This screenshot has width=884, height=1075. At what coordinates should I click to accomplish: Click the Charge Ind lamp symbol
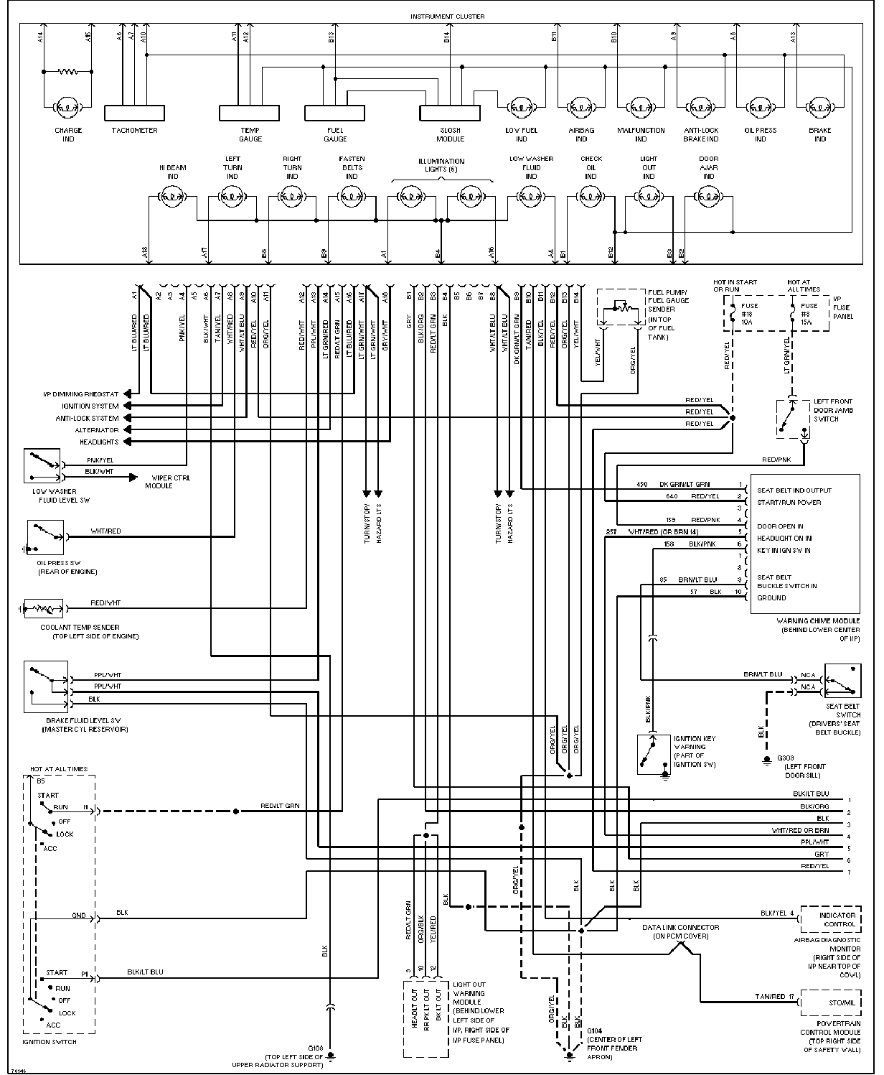[x=67, y=108]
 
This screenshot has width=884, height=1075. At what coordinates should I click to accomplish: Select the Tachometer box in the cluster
[x=134, y=113]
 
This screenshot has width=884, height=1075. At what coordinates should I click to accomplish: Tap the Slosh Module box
[x=450, y=113]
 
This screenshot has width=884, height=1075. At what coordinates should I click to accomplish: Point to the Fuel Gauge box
[x=334, y=113]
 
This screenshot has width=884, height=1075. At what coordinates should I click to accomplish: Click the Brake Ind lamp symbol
[x=820, y=108]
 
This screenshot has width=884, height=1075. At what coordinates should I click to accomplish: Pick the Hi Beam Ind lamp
[x=172, y=195]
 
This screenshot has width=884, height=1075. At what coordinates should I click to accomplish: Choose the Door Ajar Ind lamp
[x=708, y=195]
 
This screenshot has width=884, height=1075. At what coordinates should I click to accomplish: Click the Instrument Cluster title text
[x=447, y=17]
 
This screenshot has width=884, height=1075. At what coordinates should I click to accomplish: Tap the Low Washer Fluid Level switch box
[x=42, y=465]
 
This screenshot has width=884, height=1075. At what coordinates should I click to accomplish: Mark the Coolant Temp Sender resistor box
[x=44, y=609]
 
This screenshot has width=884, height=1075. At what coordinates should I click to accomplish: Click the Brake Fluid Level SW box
[x=46, y=687]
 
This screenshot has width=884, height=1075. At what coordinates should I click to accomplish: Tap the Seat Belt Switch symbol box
[x=842, y=680]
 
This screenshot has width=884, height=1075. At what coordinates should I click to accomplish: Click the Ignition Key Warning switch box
[x=654, y=754]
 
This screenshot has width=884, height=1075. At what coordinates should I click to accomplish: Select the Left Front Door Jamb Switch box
[x=794, y=419]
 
